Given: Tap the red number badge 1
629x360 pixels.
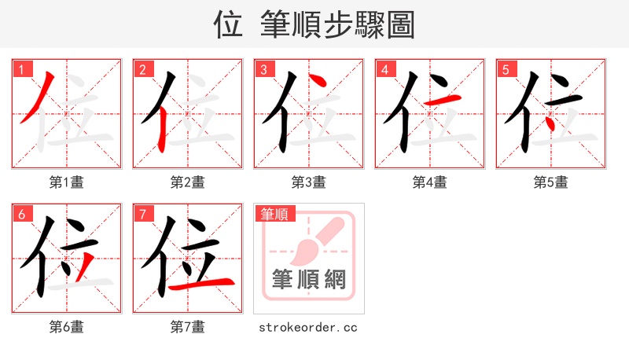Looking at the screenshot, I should (x=21, y=69).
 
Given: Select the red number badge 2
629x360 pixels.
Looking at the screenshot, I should (x=142, y=69).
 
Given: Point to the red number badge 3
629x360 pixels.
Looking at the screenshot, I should (x=263, y=69).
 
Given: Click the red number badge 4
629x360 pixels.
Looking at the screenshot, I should (x=384, y=69).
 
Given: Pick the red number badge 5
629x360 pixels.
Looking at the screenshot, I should (x=506, y=69).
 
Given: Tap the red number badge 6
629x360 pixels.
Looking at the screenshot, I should (x=21, y=214).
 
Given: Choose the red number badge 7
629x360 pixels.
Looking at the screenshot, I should (x=142, y=214).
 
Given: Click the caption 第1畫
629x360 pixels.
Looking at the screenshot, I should (x=66, y=182).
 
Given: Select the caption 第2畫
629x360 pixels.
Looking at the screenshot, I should (x=187, y=182).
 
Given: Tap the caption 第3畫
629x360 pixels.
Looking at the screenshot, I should (x=308, y=182).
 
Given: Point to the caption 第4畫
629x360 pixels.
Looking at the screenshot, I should (x=429, y=182).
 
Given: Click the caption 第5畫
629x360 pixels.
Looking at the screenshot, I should (x=550, y=182).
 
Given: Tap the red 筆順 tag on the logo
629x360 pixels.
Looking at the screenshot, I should (x=274, y=214).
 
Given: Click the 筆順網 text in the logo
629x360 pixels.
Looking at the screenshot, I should (x=308, y=279).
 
